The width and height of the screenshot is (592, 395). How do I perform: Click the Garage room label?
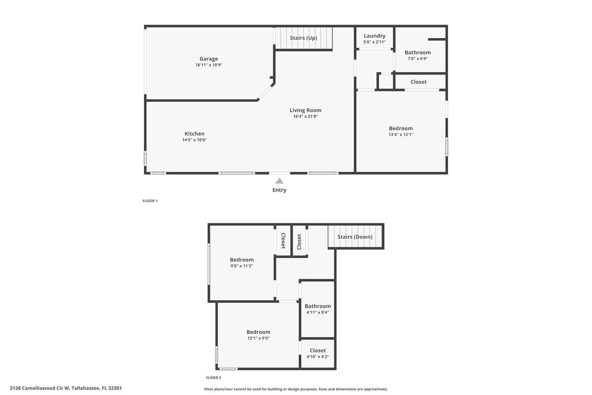click(x=209, y=58)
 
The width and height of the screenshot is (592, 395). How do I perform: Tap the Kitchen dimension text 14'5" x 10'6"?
click(x=194, y=140)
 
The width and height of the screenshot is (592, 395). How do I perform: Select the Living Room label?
click(x=305, y=110)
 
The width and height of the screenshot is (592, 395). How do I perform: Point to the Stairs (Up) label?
click(x=304, y=38)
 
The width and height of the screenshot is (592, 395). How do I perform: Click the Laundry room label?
click(x=375, y=36)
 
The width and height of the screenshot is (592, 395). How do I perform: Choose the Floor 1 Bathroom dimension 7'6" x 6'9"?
click(x=417, y=58)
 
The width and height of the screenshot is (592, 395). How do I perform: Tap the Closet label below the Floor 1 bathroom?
click(x=419, y=82)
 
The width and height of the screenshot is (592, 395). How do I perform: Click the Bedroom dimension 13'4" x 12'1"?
click(x=401, y=135)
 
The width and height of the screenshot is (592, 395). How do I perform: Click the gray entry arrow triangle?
click(x=279, y=180)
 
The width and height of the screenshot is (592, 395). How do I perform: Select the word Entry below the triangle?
click(x=279, y=190)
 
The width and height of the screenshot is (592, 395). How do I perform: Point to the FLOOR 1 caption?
click(x=150, y=201)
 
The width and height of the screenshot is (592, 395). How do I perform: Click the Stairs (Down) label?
click(x=355, y=237)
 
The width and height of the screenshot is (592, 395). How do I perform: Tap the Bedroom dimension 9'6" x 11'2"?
click(x=242, y=266)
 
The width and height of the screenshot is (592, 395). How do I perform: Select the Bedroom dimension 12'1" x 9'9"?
click(x=258, y=338)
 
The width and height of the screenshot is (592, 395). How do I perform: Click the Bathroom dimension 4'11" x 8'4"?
click(x=317, y=312)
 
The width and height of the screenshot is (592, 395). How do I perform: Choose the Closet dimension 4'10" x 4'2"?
click(x=317, y=356)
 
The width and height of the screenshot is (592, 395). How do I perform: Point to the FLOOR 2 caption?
click(x=213, y=378)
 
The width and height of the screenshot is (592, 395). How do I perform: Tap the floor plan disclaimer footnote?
click(x=295, y=389)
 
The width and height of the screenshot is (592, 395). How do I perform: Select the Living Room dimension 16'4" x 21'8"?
click(x=305, y=116)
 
